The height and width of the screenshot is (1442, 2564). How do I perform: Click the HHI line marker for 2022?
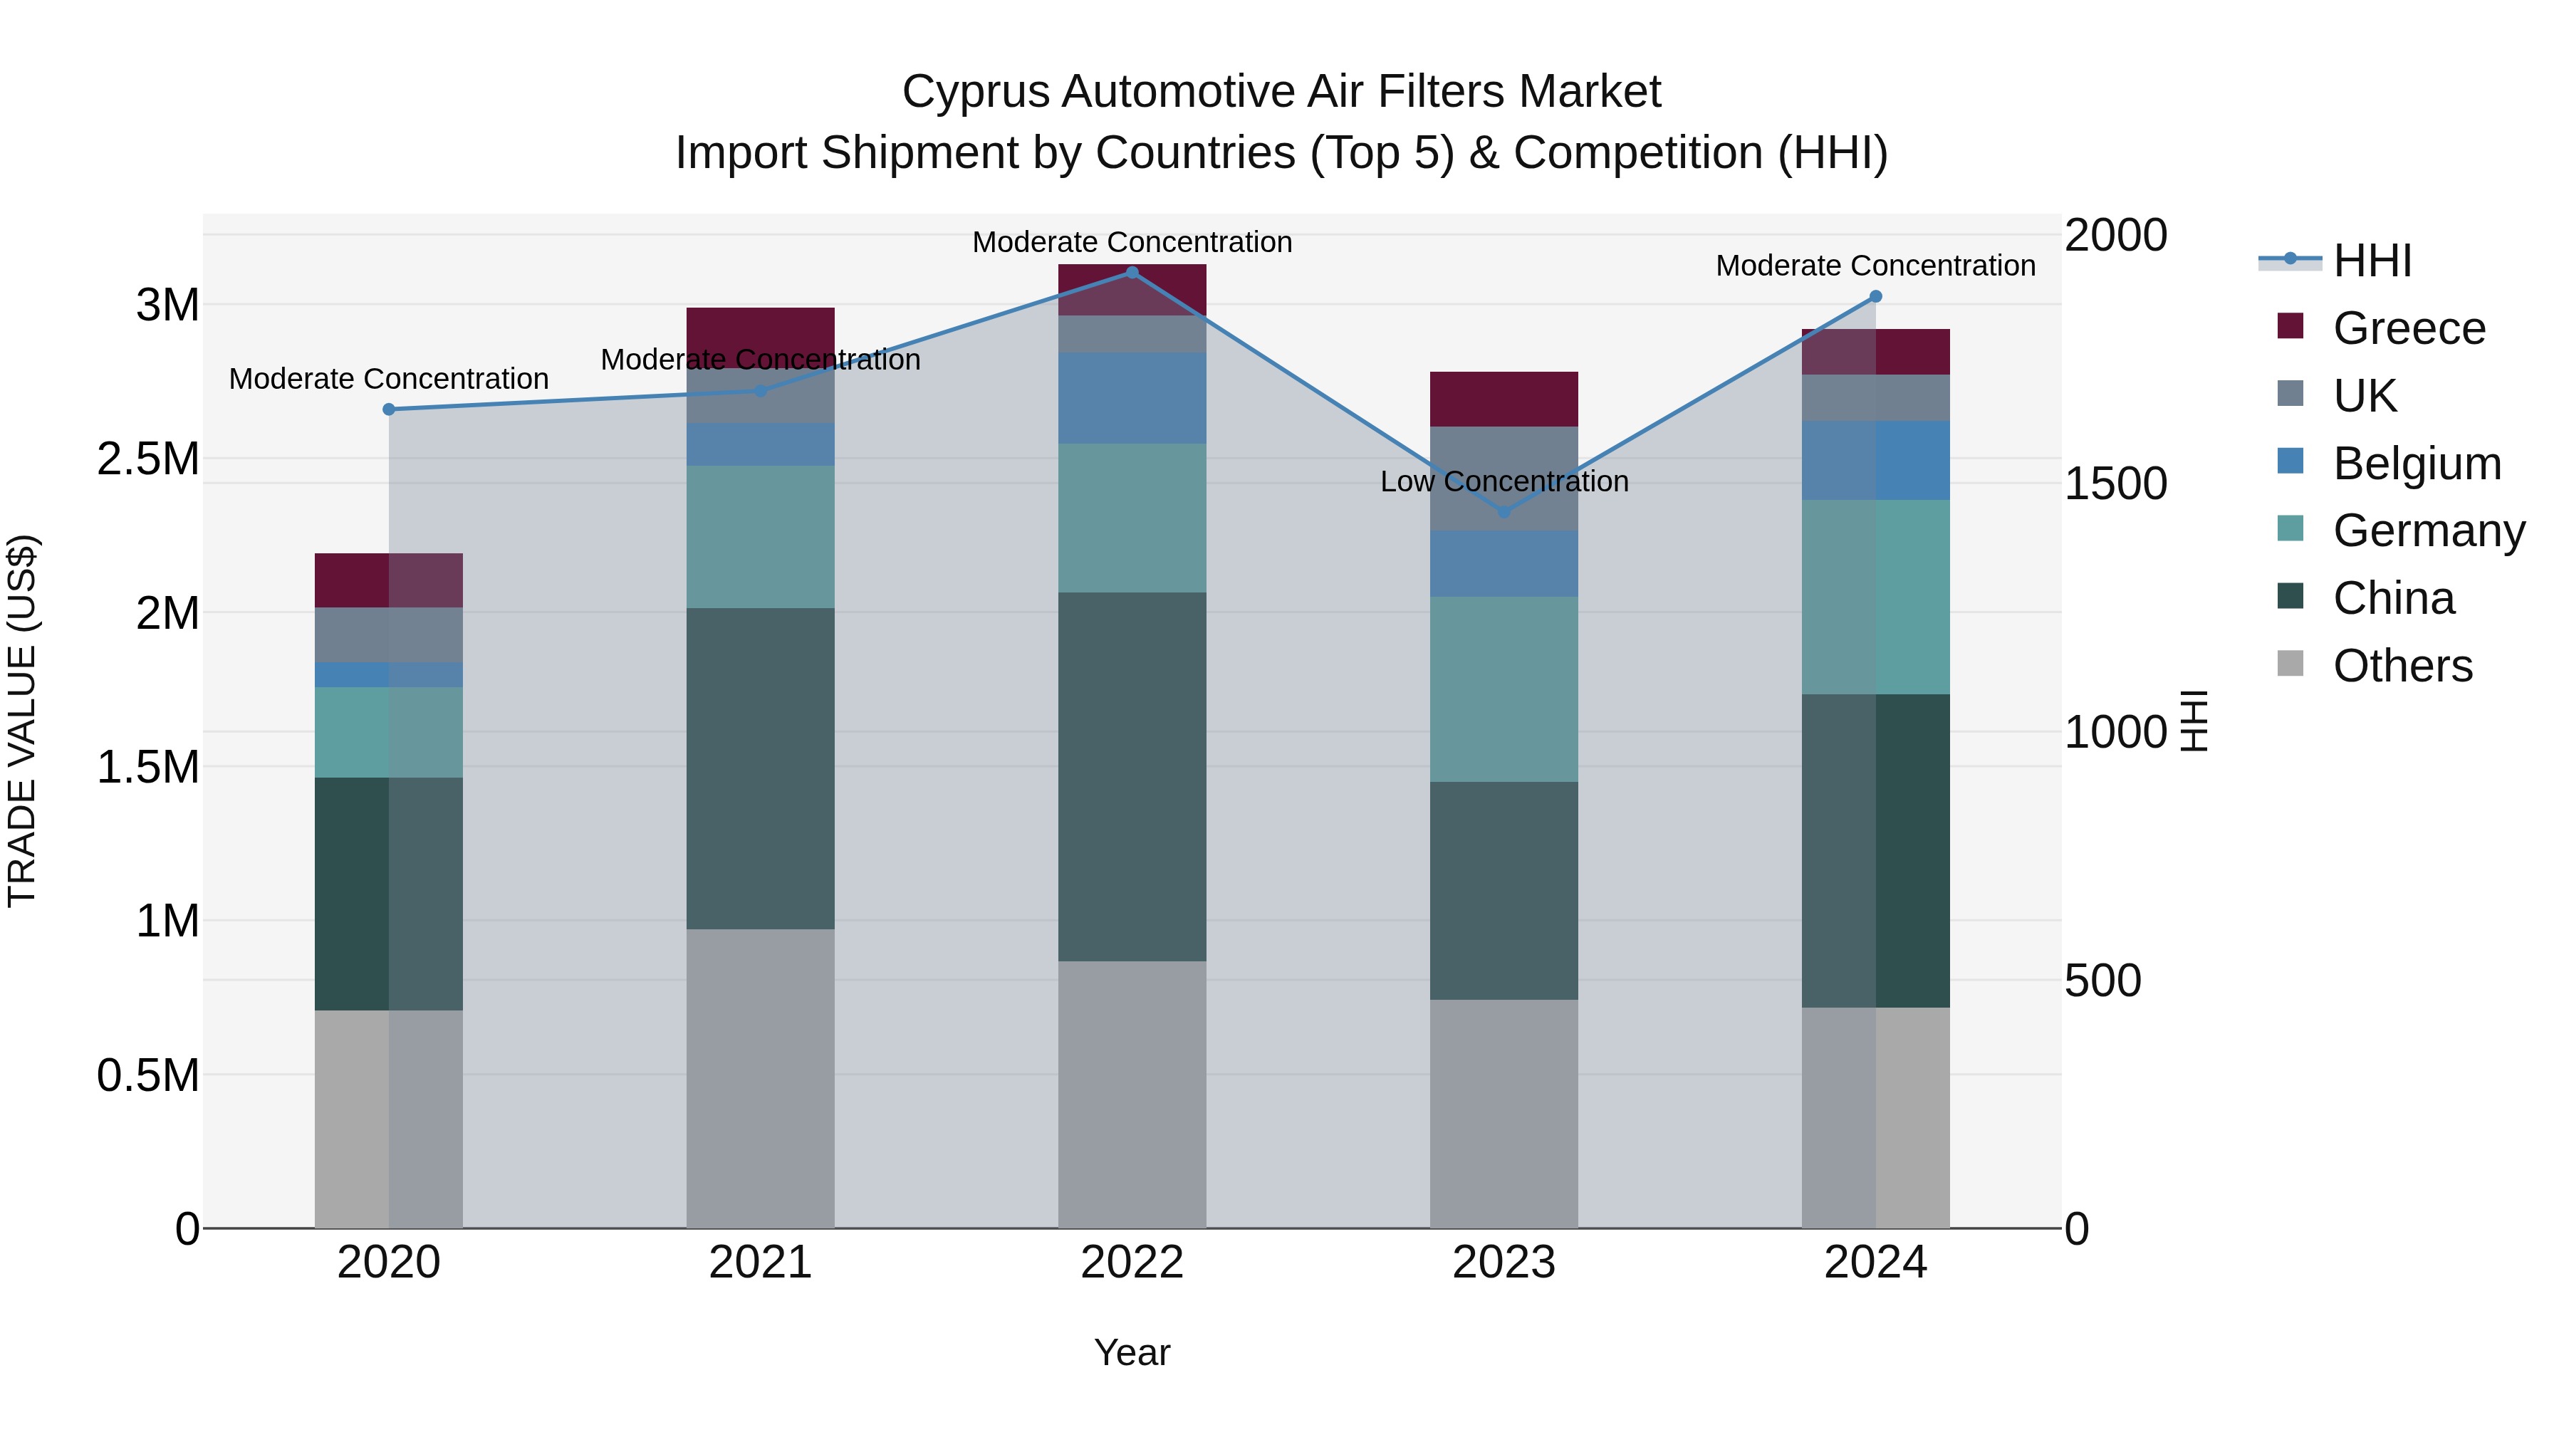click(1132, 273)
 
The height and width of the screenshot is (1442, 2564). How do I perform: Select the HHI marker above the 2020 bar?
click(389, 409)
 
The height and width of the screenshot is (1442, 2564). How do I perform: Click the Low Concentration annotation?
click(1504, 481)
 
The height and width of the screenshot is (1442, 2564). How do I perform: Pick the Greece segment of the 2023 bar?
click(1504, 399)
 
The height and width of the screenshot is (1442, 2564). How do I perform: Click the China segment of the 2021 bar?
click(761, 768)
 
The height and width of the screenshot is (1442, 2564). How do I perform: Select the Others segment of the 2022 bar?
click(1132, 1094)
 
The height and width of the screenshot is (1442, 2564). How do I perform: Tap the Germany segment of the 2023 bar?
click(1504, 689)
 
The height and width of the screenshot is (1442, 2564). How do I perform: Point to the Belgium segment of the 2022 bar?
click(1132, 398)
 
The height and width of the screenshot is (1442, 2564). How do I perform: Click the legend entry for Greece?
click(2409, 328)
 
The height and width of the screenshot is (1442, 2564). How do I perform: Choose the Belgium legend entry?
click(2417, 464)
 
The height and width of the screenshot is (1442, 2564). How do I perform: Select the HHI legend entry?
click(2372, 261)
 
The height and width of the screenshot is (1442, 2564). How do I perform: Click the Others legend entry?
click(2402, 666)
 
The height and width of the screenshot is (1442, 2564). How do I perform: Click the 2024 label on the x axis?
click(1875, 1263)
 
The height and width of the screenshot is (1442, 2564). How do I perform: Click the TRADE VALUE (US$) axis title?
click(22, 721)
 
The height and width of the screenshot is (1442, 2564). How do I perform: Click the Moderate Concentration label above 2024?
click(1875, 266)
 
